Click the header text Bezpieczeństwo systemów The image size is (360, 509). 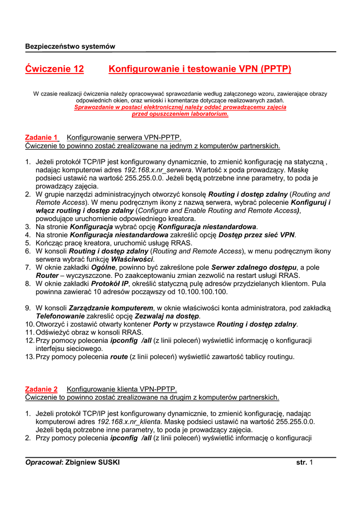(70, 46)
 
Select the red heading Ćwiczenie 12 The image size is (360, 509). (54, 69)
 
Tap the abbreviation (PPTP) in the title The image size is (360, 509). (275, 69)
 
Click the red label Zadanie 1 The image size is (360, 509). (42, 137)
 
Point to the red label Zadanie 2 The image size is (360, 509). (41, 389)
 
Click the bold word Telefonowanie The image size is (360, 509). (60, 316)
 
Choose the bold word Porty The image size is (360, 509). (162, 324)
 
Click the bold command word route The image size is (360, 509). (119, 356)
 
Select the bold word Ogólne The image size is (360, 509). (104, 267)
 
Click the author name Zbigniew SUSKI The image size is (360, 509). (92, 462)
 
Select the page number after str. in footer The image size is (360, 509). (311, 462)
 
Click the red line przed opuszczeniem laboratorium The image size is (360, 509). (180, 114)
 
